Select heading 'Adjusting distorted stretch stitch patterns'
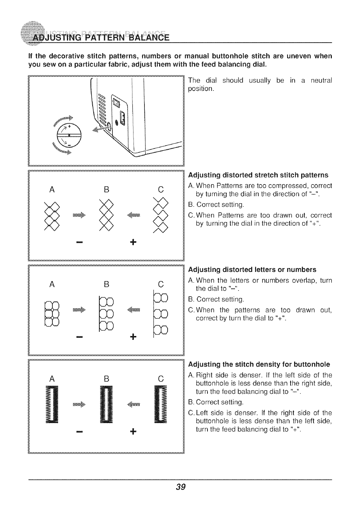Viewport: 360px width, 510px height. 259,175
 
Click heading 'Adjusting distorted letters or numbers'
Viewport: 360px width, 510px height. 252,270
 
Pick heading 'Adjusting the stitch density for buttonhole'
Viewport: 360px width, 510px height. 259,364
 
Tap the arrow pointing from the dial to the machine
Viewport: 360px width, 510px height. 100,131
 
